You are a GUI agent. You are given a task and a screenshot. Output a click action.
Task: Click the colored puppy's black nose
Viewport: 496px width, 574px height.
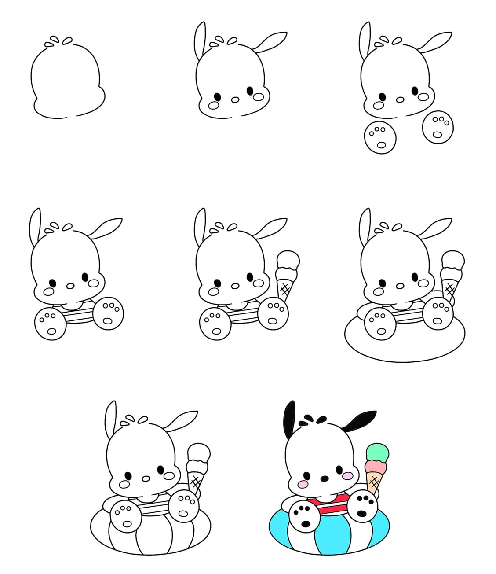324,478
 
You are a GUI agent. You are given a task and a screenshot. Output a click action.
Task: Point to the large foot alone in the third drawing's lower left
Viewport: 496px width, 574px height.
380,137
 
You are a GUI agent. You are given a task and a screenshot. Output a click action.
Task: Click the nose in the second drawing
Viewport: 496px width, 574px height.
235,100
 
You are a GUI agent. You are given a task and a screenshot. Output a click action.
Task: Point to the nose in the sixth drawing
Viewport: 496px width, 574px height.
400,286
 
